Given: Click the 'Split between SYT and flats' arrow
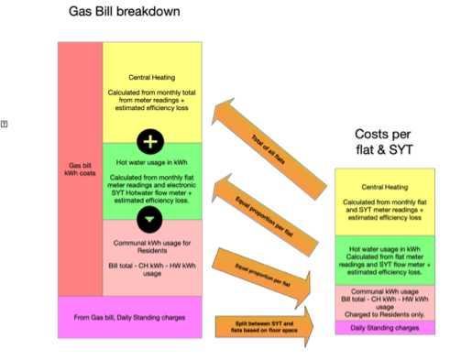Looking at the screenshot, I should click(261, 324).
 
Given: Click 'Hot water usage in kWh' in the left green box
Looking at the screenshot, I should click(153, 165).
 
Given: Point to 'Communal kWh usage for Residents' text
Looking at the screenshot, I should click(153, 247).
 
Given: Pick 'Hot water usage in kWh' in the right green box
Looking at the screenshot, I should click(384, 248).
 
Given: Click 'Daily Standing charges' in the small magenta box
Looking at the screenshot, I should click(384, 327).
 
